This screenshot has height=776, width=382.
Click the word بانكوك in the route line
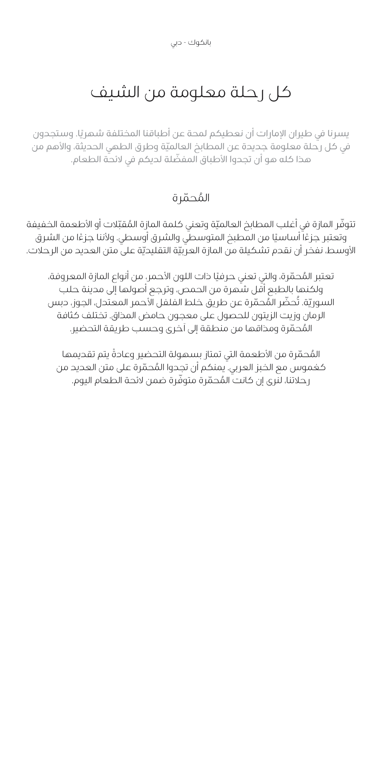click(x=199, y=43)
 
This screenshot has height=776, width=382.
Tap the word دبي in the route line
click(x=176, y=43)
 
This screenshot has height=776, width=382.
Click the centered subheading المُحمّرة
click(x=191, y=198)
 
